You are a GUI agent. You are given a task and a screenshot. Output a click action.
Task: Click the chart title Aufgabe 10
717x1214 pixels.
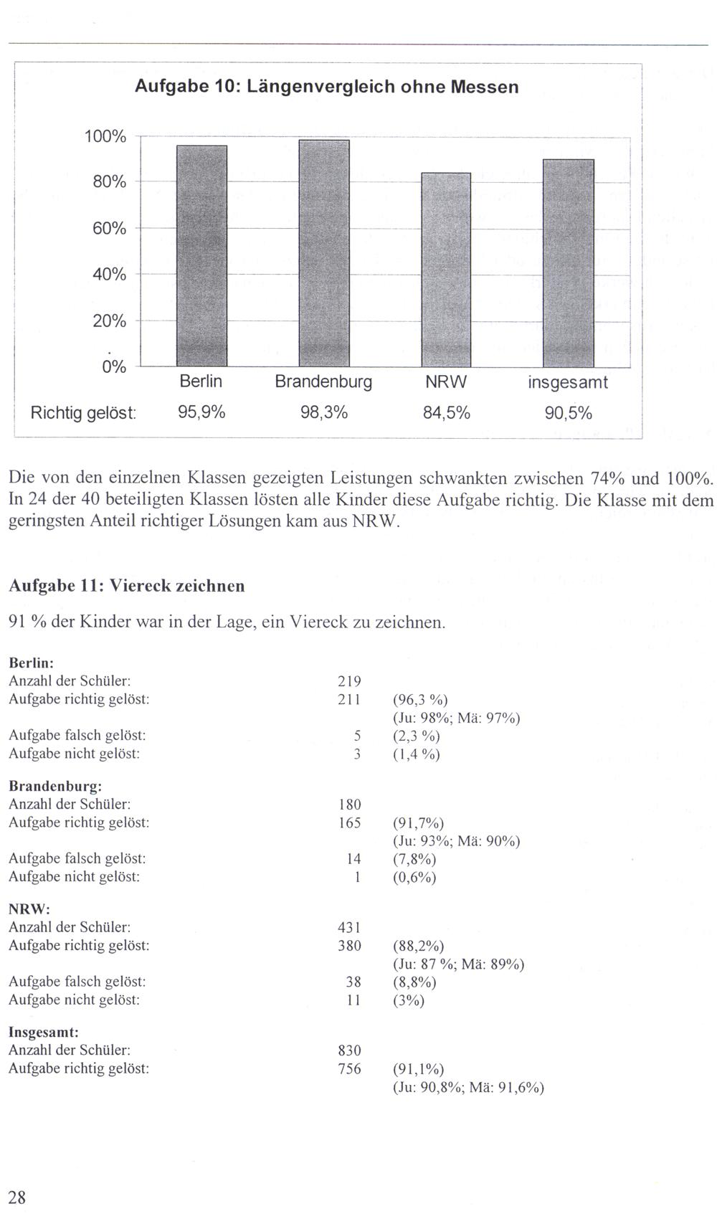pos(326,87)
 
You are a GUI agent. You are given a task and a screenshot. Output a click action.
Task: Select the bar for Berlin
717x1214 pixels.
pos(201,255)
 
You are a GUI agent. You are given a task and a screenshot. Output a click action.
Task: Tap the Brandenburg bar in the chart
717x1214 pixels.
pos(324,252)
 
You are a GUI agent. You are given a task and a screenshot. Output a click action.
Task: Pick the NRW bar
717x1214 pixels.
pos(446,270)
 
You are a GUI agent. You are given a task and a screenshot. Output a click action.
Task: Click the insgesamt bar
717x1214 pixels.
pos(569,262)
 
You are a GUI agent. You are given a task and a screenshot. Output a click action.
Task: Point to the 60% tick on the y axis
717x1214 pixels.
pos(109,229)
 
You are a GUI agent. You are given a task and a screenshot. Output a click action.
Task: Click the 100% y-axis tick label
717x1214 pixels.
pos(105,136)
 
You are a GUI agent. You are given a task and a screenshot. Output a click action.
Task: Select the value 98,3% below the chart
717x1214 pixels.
pos(324,413)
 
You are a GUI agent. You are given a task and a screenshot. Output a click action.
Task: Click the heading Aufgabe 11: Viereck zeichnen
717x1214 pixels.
pos(126,586)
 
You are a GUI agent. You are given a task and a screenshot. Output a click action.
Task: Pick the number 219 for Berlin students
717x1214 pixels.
pos(349,681)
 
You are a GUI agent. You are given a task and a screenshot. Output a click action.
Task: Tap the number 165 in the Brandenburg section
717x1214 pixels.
pos(349,823)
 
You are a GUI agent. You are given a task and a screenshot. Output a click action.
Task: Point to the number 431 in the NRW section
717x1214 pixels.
pos(349,927)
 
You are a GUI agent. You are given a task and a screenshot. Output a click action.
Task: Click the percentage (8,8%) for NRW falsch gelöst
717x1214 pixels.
pos(414,982)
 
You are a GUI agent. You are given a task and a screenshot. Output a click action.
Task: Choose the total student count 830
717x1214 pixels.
pos(349,1051)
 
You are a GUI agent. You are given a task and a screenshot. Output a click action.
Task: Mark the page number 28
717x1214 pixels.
pos(17,1196)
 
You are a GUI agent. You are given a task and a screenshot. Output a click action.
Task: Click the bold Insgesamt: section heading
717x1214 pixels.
pos(44,1032)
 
